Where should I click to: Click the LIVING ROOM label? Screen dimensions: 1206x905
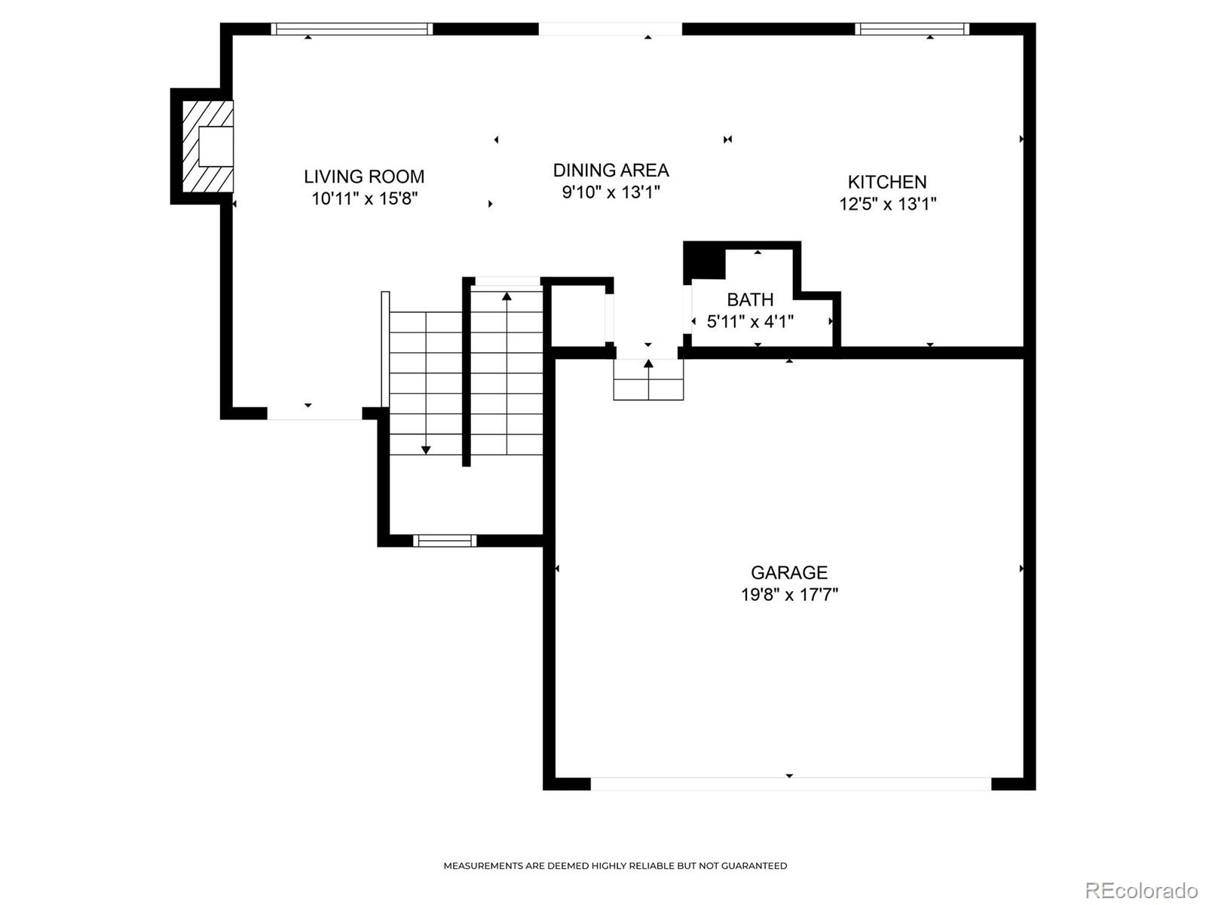pyautogui.click(x=364, y=176)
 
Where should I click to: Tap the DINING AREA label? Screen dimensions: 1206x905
pyautogui.click(x=611, y=170)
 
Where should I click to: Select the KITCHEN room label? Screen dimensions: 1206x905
pyautogui.click(x=887, y=182)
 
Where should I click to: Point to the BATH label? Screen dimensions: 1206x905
pyautogui.click(x=750, y=299)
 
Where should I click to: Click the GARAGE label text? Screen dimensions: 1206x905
pyautogui.click(x=789, y=572)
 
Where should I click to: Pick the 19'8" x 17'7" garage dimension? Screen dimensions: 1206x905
pyautogui.click(x=789, y=594)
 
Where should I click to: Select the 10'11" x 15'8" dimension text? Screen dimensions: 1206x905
pyautogui.click(x=365, y=198)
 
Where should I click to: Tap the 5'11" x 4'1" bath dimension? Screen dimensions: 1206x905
pyautogui.click(x=750, y=321)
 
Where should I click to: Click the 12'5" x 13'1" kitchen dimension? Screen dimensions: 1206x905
pyautogui.click(x=887, y=204)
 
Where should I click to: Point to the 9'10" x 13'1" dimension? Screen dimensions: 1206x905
pyautogui.click(x=611, y=192)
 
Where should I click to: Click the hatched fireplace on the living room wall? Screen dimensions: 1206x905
pyautogui.click(x=208, y=146)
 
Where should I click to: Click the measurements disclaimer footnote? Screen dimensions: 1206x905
pyautogui.click(x=615, y=866)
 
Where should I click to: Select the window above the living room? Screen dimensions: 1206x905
pyautogui.click(x=352, y=29)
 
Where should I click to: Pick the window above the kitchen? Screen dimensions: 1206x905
pyautogui.click(x=911, y=29)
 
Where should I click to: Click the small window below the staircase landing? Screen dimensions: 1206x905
pyautogui.click(x=445, y=541)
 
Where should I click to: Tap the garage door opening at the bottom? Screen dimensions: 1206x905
pyautogui.click(x=791, y=784)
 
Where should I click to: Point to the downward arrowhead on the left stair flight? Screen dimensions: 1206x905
pyautogui.click(x=426, y=450)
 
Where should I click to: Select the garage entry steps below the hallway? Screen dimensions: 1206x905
pyautogui.click(x=648, y=379)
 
